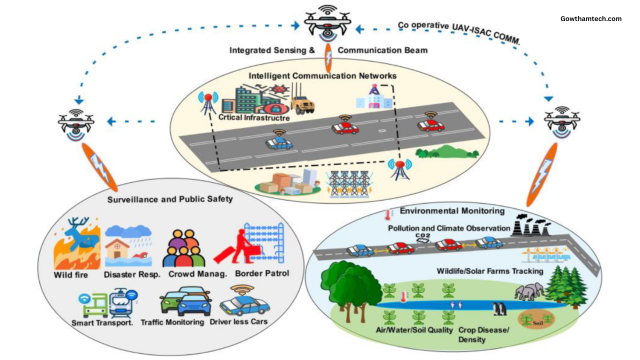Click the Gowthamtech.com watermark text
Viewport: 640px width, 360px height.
(x=591, y=19)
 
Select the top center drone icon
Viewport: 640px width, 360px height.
(x=327, y=24)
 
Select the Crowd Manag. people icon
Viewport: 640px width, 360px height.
(x=183, y=248)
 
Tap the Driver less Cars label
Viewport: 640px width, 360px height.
(x=238, y=321)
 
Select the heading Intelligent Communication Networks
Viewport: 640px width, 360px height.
(x=322, y=76)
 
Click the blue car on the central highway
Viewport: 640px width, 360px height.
(x=279, y=143)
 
